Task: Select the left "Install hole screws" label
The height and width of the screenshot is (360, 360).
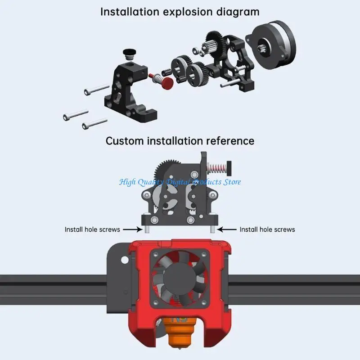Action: pyautogui.click(x=92, y=229)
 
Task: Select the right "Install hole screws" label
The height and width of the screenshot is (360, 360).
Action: pyautogui.click(x=267, y=229)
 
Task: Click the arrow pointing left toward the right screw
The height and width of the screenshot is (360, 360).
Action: pyautogui.click(x=226, y=229)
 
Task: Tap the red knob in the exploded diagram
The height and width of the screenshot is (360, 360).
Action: pyautogui.click(x=168, y=83)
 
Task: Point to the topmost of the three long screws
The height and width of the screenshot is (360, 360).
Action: pyautogui.click(x=96, y=90)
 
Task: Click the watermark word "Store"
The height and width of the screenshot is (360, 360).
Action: pyautogui.click(x=230, y=182)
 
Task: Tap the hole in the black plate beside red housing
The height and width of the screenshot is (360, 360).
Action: pyautogui.click(x=123, y=260)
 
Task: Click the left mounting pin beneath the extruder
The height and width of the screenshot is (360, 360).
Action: pyautogui.click(x=147, y=229)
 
